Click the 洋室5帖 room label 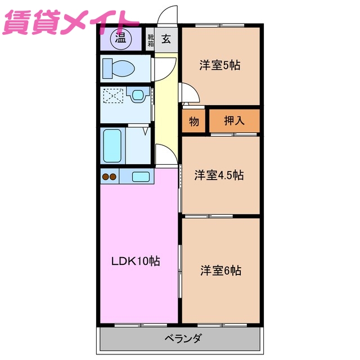220,65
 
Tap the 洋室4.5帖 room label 219,175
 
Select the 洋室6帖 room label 220,271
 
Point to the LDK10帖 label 135,261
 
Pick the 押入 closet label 234,120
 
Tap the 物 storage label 193,121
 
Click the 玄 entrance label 167,39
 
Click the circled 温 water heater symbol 120,38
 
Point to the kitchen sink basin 141,177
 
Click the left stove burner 105,177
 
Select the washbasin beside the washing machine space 137,95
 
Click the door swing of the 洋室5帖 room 187,92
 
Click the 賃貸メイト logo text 71,22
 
